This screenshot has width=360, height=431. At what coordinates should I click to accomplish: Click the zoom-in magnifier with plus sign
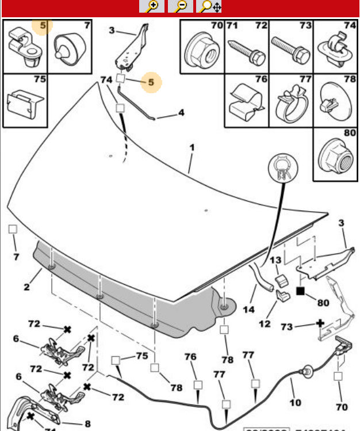pyautogui.click(x=152, y=6)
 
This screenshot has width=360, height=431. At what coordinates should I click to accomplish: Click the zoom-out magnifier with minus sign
pyautogui.click(x=181, y=6)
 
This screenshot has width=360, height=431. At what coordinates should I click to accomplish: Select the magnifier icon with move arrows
pyautogui.click(x=209, y=6)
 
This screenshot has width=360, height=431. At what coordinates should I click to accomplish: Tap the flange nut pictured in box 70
pyautogui.click(x=202, y=53)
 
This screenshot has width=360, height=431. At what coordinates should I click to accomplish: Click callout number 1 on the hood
pyautogui.click(x=192, y=147)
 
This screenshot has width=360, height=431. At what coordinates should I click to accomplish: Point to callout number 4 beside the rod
pyautogui.click(x=181, y=113)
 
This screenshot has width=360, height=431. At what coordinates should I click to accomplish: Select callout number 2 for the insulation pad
pyautogui.click(x=26, y=287)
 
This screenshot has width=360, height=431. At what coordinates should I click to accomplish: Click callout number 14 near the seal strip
pyautogui.click(x=248, y=309)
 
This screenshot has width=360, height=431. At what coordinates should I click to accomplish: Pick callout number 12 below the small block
pyautogui.click(x=265, y=324)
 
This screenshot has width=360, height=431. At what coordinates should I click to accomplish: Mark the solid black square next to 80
pyautogui.click(x=300, y=291)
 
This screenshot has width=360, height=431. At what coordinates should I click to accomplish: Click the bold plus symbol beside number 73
pyautogui.click(x=320, y=324)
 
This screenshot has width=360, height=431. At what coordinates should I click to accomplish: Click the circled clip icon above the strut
pyautogui.click(x=282, y=165)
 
